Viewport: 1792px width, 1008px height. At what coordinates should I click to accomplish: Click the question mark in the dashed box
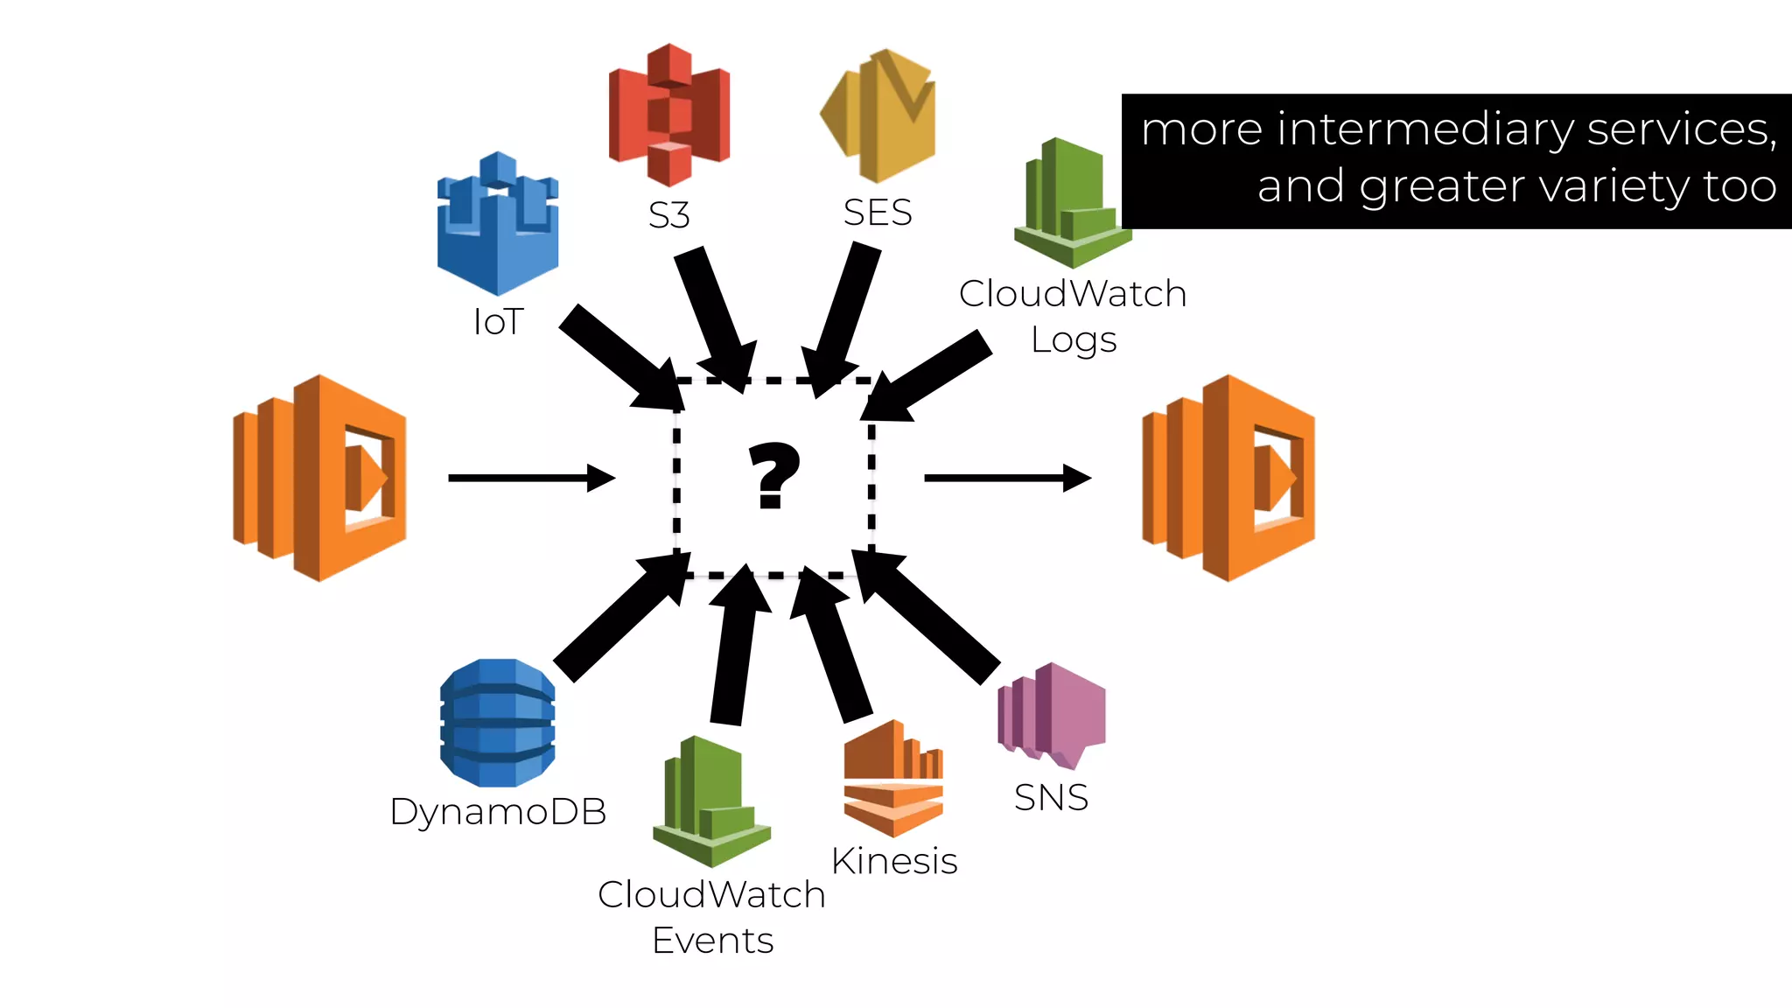[x=774, y=475]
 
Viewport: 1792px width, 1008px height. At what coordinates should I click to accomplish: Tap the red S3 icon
[x=669, y=115]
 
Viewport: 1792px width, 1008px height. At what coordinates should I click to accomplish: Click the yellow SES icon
[x=879, y=115]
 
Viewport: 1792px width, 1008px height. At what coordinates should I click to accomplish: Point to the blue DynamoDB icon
[x=497, y=723]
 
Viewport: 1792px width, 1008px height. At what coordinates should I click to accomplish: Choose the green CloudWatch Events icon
[x=710, y=801]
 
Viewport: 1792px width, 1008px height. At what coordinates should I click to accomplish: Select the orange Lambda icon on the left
[x=320, y=478]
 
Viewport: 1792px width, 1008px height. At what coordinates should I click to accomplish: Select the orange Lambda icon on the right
[x=1228, y=478]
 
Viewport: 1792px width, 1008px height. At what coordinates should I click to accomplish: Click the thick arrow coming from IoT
[x=617, y=359]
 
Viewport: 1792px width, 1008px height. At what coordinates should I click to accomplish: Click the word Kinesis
[x=893, y=861]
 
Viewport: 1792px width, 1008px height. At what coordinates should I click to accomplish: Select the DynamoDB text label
[x=498, y=811]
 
